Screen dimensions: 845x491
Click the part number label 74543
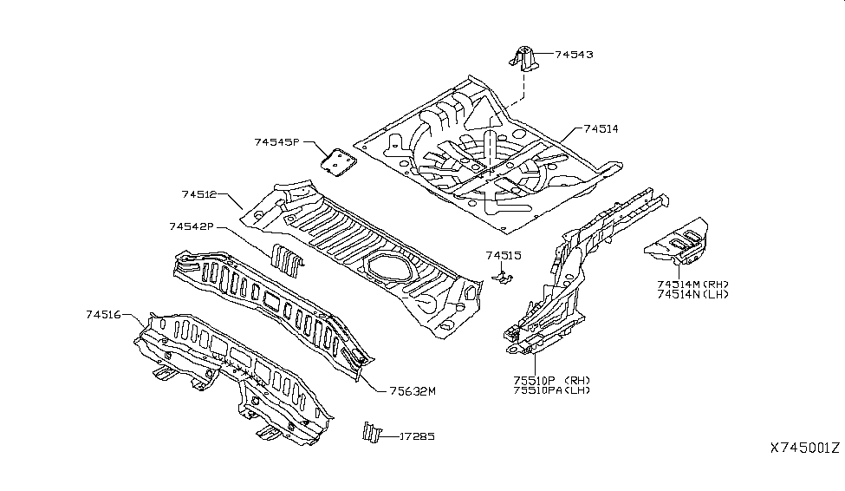[574, 55]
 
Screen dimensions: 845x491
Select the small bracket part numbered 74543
[523, 58]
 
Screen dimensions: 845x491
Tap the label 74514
[601, 129]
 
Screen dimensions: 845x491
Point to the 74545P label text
[276, 142]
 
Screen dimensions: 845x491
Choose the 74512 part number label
[198, 194]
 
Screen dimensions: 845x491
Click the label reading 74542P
[192, 226]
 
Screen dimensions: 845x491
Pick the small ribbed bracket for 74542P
[287, 259]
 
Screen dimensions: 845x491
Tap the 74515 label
[504, 255]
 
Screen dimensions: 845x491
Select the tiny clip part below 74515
[503, 278]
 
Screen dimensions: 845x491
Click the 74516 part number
[103, 314]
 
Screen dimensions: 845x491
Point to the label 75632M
[413, 391]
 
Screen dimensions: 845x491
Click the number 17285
[417, 436]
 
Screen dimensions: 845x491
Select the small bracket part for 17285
[373, 433]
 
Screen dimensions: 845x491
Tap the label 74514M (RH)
[692, 285]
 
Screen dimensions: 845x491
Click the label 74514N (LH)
[692, 295]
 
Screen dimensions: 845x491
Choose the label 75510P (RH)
[552, 380]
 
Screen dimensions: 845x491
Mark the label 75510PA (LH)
[552, 390]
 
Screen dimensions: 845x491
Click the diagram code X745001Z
[805, 448]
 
